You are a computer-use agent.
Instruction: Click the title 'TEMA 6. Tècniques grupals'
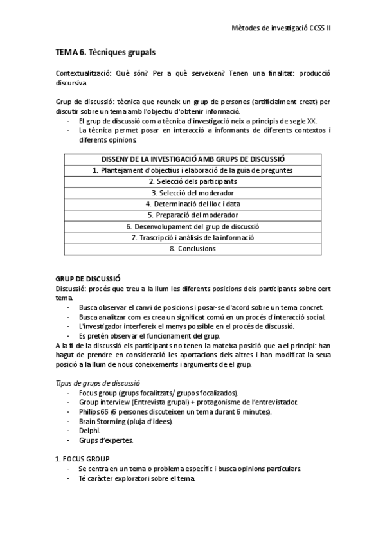coord(106,51)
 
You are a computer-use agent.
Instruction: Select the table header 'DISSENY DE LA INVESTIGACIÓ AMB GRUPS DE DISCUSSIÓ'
coord(193,159)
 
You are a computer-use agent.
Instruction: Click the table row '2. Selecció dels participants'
coord(193,181)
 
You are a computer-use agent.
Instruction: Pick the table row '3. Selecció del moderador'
coord(193,192)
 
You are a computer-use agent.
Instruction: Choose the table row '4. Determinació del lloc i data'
coord(193,204)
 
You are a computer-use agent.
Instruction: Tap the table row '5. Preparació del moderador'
coord(193,215)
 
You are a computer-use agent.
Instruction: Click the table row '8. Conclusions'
coord(193,248)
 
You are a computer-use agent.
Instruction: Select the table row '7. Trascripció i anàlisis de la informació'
coord(193,237)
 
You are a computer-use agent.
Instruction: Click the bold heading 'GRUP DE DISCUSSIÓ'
coord(88,280)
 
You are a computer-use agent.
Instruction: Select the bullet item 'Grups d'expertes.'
coord(106,440)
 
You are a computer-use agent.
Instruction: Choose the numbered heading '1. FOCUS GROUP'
coord(82,459)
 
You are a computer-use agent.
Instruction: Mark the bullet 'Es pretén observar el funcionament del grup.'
coord(149,335)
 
